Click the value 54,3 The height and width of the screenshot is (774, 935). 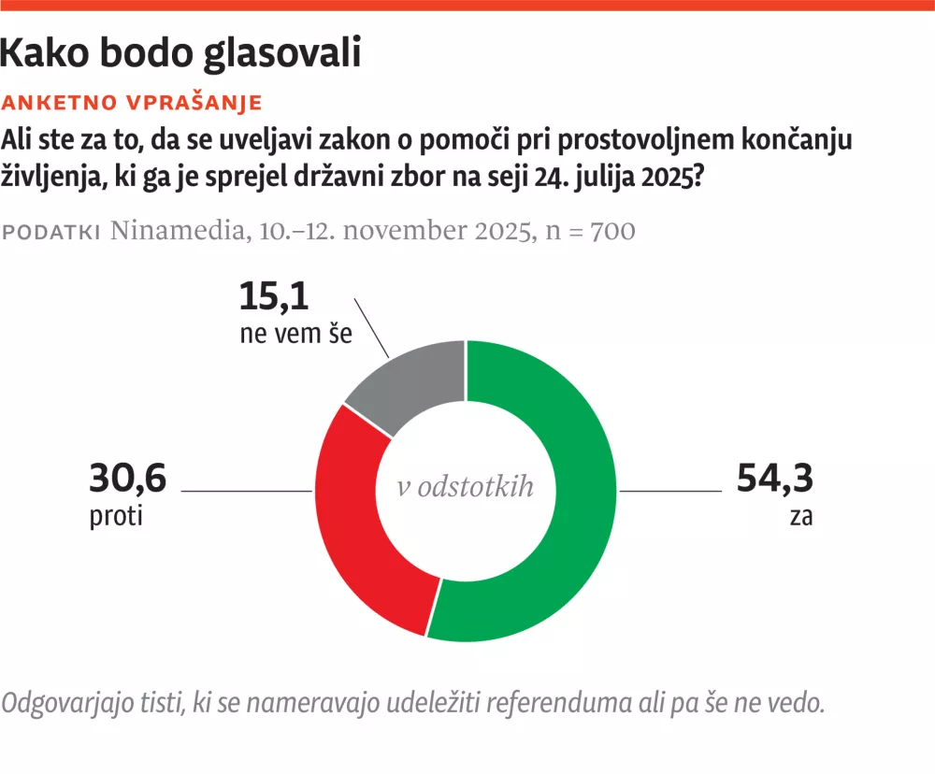coord(775,480)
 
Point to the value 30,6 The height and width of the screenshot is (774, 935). coord(127,480)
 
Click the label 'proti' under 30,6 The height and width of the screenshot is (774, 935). coord(116,516)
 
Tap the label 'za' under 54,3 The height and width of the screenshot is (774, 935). coord(800,516)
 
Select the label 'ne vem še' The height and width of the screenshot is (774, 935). coord(295,333)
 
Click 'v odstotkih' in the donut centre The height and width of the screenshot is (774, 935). coord(466,486)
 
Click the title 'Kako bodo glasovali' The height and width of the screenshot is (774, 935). coord(180,53)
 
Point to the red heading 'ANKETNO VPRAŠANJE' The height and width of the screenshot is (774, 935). coord(133,102)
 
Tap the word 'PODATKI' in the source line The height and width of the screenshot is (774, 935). coord(52,232)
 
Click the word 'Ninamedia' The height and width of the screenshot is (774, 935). coord(175,231)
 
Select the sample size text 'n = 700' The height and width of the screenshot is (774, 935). coord(591,231)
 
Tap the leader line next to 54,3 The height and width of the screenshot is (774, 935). coord(669,490)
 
